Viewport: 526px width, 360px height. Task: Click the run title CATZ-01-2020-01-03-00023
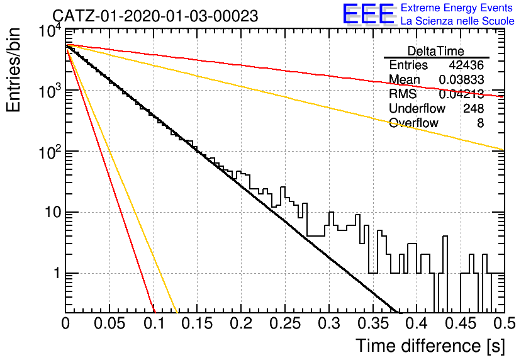[x=155, y=16]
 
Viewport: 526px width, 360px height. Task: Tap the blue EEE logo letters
[x=369, y=14]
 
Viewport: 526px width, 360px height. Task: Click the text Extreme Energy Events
[x=457, y=8]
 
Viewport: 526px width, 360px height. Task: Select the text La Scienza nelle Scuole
[x=457, y=21]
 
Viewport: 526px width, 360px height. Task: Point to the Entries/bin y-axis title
[x=13, y=70]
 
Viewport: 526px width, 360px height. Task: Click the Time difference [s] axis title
[x=430, y=346]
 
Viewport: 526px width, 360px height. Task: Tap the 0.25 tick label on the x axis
[x=285, y=323]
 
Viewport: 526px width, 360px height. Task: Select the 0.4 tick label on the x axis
[x=417, y=323]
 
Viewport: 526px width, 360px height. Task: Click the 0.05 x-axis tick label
[x=109, y=323]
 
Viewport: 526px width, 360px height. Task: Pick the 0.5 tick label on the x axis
[x=505, y=323]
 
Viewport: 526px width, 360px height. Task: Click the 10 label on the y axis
[x=52, y=213]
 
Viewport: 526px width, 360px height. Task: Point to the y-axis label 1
[x=57, y=273]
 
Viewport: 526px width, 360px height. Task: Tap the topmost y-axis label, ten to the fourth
[x=50, y=32]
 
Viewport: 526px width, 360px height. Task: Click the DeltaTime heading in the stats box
[x=436, y=51]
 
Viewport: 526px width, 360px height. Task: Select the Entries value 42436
[x=466, y=65]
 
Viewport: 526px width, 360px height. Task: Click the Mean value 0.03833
[x=461, y=79]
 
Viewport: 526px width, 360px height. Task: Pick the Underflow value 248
[x=473, y=108]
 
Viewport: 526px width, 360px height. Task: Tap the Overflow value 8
[x=480, y=123]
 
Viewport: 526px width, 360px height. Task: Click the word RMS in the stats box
[x=403, y=94]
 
